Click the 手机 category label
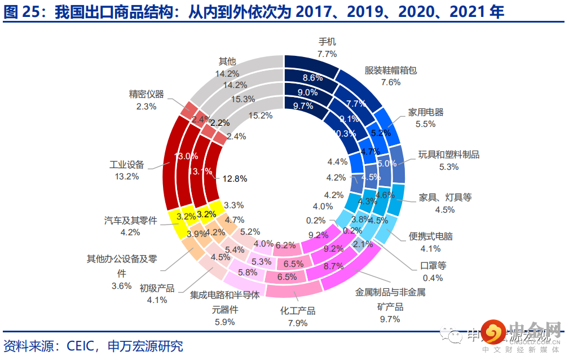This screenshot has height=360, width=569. tap(327, 42)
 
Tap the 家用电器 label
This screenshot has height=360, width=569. tap(426, 112)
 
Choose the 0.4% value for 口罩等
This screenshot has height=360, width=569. tap(433, 278)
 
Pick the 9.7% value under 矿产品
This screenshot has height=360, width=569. tap(390, 319)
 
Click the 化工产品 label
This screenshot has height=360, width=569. tap(298, 311)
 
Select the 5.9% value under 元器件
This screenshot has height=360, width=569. tap(225, 322)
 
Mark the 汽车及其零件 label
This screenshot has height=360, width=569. tap(130, 220)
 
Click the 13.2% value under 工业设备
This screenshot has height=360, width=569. tap(126, 177)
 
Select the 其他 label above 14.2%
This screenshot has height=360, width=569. tap(227, 61)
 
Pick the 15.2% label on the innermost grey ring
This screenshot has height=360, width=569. tap(260, 115)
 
